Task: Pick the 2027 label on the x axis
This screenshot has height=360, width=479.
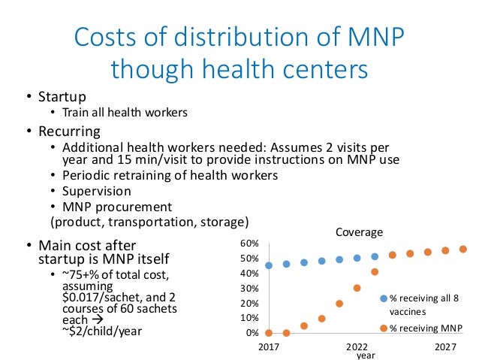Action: (x=446, y=347)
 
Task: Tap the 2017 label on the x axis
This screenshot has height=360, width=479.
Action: (x=268, y=347)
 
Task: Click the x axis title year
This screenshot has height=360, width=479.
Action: (x=365, y=355)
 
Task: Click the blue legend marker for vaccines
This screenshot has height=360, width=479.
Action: (x=384, y=298)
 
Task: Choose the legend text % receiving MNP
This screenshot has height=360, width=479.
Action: (x=426, y=328)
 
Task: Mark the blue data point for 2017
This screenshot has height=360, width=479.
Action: (x=269, y=265)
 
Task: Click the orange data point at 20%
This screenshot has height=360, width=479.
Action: (x=339, y=304)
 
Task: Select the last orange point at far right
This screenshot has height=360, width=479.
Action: (x=463, y=250)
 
